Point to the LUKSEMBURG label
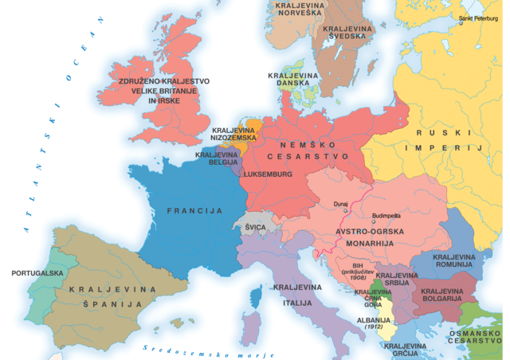click(x=268, y=174)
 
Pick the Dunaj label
click(x=340, y=204)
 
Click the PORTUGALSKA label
click(x=37, y=273)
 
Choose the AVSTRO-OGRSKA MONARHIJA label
click(x=370, y=237)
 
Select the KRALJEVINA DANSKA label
click(x=293, y=80)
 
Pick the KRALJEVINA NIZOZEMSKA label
click(x=233, y=134)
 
